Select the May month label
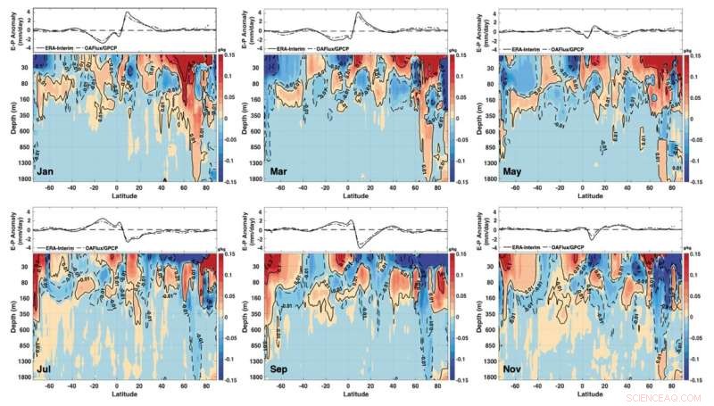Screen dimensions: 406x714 [x=515, y=170]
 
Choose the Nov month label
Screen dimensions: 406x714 [x=515, y=367]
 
